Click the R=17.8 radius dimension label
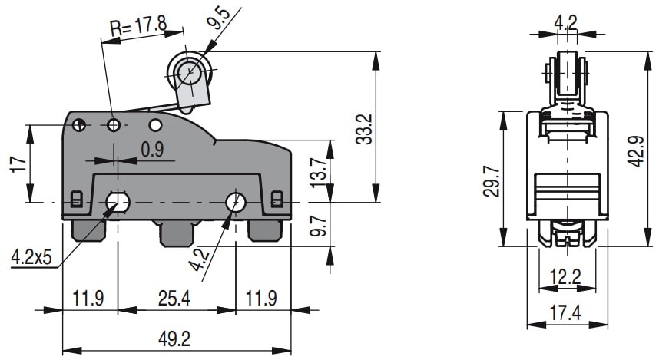138,28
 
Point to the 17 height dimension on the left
19,163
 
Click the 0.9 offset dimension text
152,150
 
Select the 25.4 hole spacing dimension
174,297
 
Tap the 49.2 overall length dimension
175,339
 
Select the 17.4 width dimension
566,312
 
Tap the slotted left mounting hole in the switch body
118,202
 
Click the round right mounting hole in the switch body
236,202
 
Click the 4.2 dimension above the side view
566,21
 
